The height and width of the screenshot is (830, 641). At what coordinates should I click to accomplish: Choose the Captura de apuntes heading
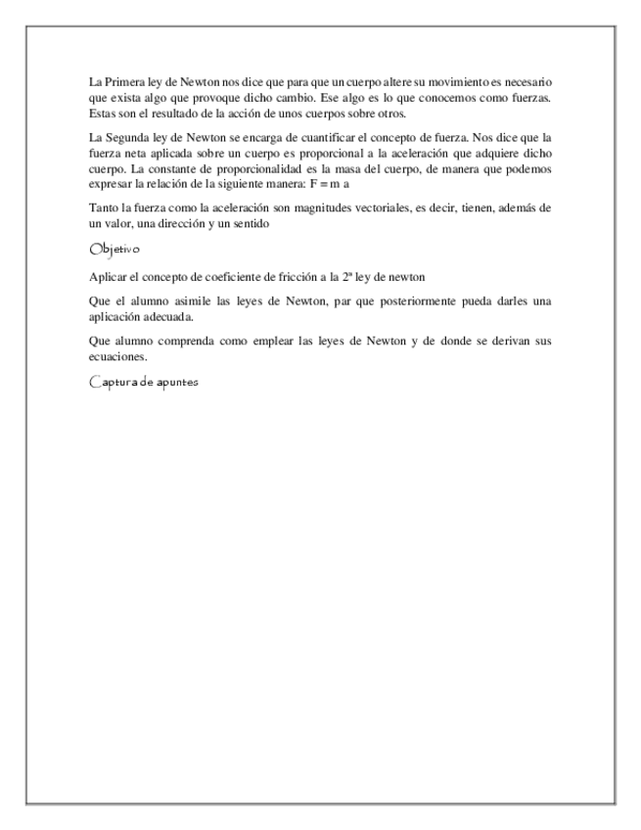(143, 383)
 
